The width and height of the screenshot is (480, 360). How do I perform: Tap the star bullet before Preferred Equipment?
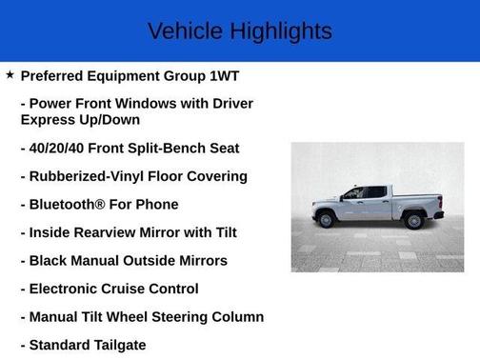pyautogui.click(x=10, y=74)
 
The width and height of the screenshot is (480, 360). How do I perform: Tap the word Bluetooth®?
pyautogui.click(x=71, y=204)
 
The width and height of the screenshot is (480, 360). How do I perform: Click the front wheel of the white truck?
pyautogui.click(x=328, y=221)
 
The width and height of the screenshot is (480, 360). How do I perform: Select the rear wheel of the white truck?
pyautogui.click(x=414, y=221)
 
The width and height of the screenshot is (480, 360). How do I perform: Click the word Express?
pyautogui.click(x=48, y=120)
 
